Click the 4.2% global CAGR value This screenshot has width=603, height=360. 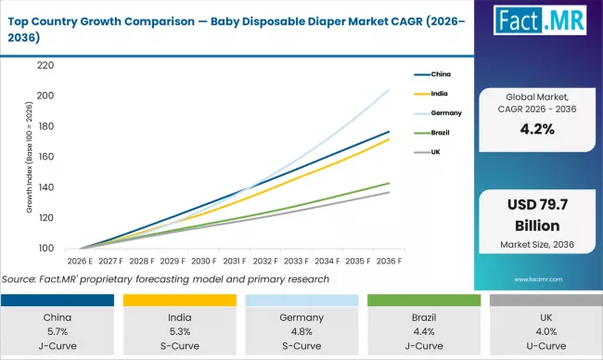(x=537, y=130)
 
